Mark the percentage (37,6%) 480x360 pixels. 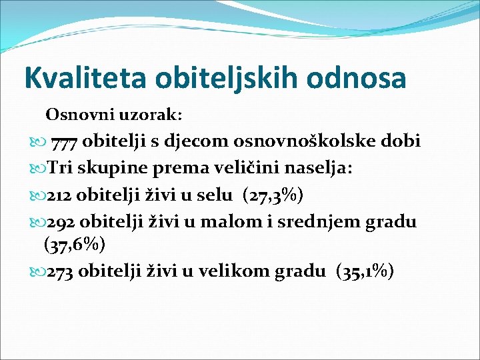point(74,245)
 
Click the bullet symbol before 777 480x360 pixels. point(36,142)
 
